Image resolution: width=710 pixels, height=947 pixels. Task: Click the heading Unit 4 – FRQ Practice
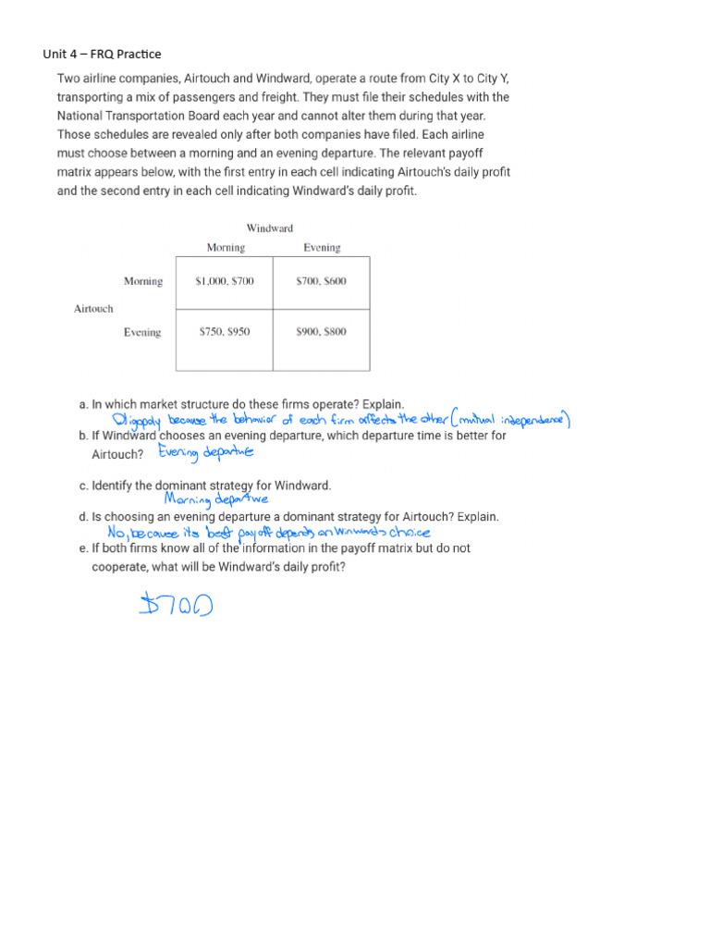coord(102,54)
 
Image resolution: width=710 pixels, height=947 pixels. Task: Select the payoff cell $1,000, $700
coord(225,281)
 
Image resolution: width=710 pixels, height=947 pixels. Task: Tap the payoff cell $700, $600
coord(321,281)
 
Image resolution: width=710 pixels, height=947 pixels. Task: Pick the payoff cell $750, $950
coord(225,332)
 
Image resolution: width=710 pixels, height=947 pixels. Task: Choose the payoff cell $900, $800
coord(321,332)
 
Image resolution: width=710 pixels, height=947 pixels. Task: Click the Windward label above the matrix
coord(270,228)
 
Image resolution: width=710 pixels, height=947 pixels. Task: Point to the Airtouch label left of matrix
coord(93,309)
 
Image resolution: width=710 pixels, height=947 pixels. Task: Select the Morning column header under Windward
coord(226,248)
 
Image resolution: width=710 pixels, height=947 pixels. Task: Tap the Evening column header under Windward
coord(322,248)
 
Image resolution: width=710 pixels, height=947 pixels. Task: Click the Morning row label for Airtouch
coord(142,281)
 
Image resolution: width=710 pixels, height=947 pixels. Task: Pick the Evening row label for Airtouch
coord(142,332)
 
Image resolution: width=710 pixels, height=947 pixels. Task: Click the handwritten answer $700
coord(177,606)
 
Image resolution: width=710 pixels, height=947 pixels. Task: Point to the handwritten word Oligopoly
coord(134,420)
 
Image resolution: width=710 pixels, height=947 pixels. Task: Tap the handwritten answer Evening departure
coord(205,452)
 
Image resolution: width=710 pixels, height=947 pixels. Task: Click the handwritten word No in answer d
coord(116,533)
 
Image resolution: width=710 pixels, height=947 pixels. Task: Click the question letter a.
coord(83,404)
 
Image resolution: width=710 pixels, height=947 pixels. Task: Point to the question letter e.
coord(83,548)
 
